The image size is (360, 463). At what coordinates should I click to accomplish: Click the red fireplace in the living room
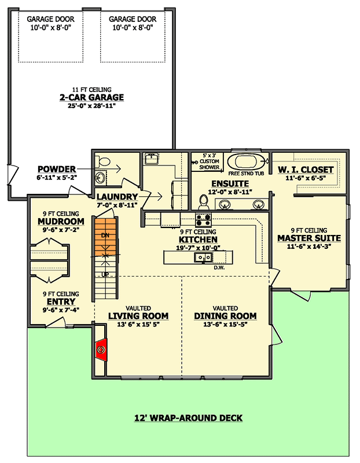coord(102,350)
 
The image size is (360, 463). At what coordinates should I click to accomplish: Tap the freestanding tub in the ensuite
coord(248,161)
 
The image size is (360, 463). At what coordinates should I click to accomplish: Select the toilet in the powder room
coord(102,161)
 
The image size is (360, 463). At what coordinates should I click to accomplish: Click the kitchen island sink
coord(203,258)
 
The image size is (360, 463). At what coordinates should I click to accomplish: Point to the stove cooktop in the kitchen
coord(204,220)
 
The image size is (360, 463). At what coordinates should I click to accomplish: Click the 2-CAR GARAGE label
coord(92,97)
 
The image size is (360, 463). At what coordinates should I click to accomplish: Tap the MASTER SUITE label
coord(309,238)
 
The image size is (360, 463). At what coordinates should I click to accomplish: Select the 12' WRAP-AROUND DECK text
coord(189,418)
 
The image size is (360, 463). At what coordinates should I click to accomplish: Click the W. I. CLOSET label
coord(306,170)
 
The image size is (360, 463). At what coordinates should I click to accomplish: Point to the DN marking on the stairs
coord(105,236)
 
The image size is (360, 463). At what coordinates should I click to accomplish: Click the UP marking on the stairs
coord(105,274)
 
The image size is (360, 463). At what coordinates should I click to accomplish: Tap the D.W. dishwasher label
coord(219,268)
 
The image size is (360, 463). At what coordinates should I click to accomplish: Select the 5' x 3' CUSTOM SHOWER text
coord(209,161)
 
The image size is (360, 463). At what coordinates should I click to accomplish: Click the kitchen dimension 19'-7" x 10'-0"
coord(198,248)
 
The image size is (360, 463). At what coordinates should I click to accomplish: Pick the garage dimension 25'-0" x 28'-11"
coord(91,106)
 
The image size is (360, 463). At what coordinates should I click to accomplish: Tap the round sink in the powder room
coord(100,178)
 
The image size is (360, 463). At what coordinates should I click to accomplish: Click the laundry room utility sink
coord(151,159)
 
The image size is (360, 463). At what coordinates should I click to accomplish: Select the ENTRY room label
coord(61,302)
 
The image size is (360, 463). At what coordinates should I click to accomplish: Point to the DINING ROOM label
coord(225,316)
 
